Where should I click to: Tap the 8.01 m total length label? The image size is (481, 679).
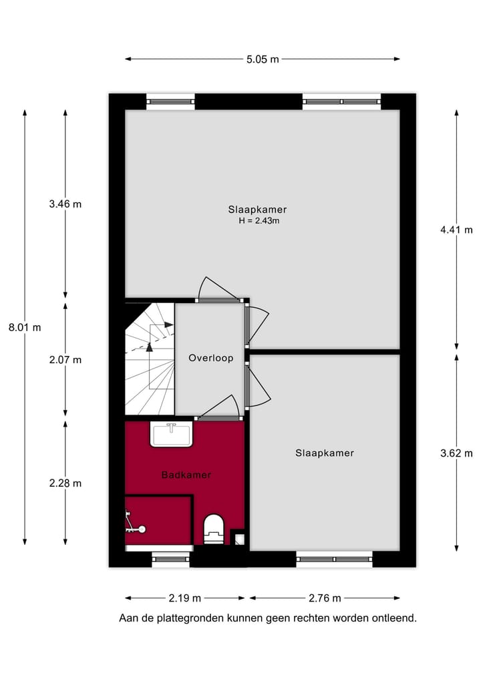tap(25, 327)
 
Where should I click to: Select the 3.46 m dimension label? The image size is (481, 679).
tap(65, 204)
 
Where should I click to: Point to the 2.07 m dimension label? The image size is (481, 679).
tap(65, 359)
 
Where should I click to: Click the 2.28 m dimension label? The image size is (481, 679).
tap(65, 483)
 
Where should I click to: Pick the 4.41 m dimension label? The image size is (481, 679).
tap(456, 230)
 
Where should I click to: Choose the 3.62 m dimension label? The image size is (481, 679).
tap(456, 453)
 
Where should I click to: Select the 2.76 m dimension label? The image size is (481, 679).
tap(325, 598)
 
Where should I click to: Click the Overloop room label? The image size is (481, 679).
tap(210, 358)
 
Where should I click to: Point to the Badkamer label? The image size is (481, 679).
tap(186, 475)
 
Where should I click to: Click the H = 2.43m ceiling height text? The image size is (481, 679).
tap(259, 220)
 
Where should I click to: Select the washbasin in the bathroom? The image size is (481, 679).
tap(172, 435)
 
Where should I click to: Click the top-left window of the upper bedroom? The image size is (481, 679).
tap(170, 101)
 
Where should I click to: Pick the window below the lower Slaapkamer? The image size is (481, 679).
tap(335, 559)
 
